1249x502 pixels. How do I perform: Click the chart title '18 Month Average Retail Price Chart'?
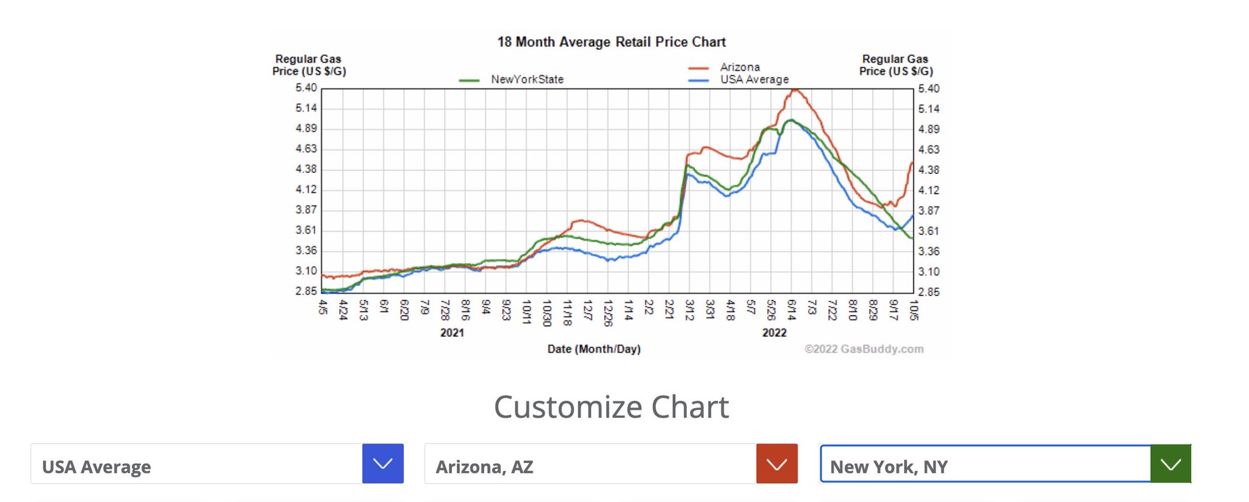pyautogui.click(x=611, y=42)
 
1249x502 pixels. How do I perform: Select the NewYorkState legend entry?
pyautogui.click(x=527, y=79)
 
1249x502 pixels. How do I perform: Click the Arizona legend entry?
pyautogui.click(x=740, y=67)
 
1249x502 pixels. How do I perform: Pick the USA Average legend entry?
pyautogui.click(x=754, y=79)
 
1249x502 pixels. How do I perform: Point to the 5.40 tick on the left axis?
pyautogui.click(x=306, y=88)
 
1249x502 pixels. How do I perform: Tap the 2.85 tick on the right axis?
pyautogui.click(x=929, y=292)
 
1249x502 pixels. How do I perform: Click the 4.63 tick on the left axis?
pyautogui.click(x=306, y=149)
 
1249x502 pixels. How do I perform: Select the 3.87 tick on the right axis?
pyautogui.click(x=929, y=211)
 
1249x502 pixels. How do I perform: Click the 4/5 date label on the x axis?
pyautogui.click(x=323, y=307)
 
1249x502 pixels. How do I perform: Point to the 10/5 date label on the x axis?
pyautogui.click(x=914, y=309)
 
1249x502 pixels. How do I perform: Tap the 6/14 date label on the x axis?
pyautogui.click(x=792, y=309)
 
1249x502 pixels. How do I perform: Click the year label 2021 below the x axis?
pyautogui.click(x=452, y=333)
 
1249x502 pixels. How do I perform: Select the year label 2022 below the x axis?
pyautogui.click(x=774, y=333)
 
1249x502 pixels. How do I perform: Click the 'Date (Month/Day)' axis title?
pyautogui.click(x=594, y=349)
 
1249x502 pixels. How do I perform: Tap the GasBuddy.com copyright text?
pyautogui.click(x=864, y=349)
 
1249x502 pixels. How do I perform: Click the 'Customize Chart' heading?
pyautogui.click(x=611, y=407)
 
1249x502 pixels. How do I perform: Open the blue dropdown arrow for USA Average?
pyautogui.click(x=383, y=464)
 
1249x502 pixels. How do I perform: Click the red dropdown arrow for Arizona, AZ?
pyautogui.click(x=776, y=464)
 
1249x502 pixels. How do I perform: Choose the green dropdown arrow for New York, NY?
pyautogui.click(x=1170, y=464)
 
